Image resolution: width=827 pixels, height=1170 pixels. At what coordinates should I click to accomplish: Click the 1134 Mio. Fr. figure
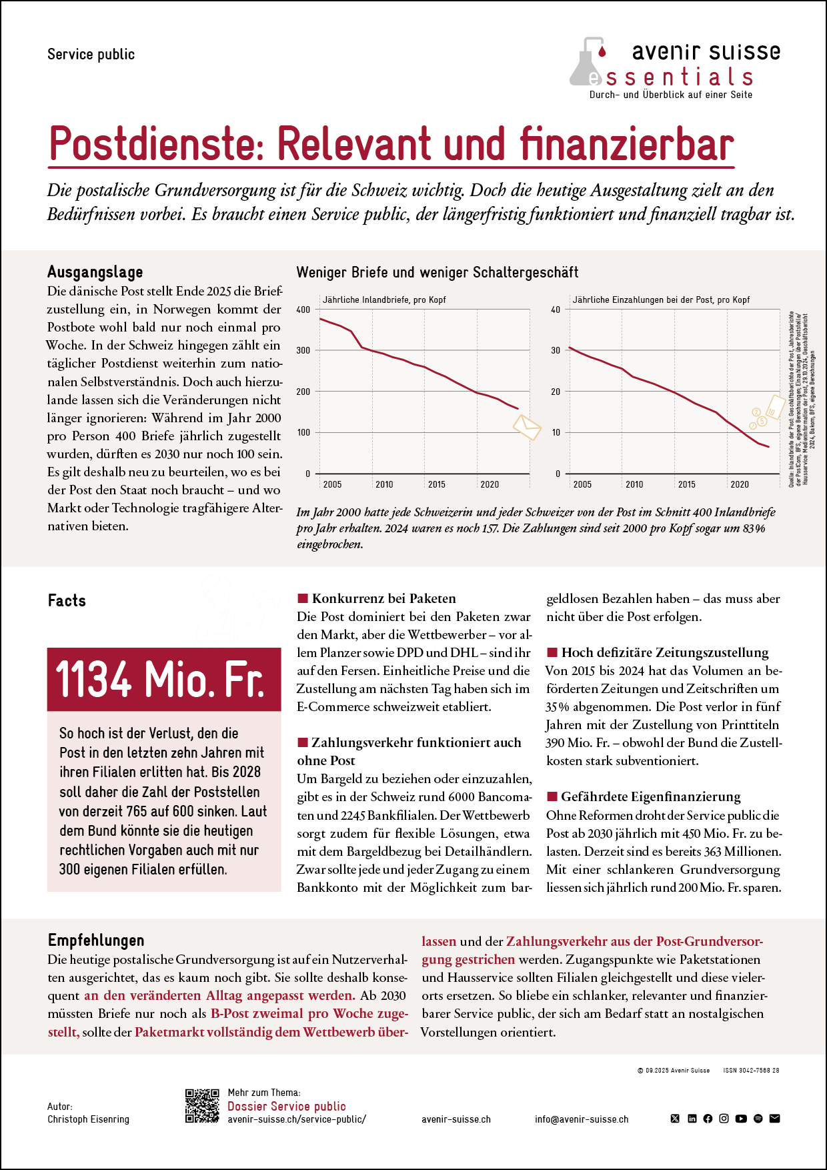[x=160, y=679]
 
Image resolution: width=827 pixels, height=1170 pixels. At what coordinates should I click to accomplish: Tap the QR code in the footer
[x=202, y=1106]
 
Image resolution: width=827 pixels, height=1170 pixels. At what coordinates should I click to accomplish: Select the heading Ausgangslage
[x=95, y=272]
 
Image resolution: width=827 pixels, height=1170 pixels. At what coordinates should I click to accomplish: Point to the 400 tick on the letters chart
[x=303, y=310]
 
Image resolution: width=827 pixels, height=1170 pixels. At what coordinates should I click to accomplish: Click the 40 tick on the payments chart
[x=556, y=310]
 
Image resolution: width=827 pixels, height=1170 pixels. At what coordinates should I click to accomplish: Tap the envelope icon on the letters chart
[x=527, y=426]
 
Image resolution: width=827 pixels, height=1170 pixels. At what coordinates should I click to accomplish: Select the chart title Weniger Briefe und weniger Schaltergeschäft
[x=437, y=272]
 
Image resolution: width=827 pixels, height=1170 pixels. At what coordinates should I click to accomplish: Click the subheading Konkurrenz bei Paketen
[x=383, y=598]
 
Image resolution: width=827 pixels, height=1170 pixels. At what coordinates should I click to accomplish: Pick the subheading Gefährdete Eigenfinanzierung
[x=650, y=796]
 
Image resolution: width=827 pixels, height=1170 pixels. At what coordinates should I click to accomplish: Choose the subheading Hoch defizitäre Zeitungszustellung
[x=664, y=652]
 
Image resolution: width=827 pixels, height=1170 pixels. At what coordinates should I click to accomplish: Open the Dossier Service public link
[x=287, y=1106]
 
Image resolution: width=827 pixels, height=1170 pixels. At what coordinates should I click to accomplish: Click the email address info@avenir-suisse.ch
[x=582, y=1119]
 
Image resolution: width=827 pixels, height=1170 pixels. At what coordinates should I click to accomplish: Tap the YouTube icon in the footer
[x=741, y=1119]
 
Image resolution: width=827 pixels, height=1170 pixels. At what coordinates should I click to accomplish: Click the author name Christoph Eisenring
[x=88, y=1119]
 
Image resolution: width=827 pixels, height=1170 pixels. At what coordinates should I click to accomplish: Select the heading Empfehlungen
[x=96, y=941]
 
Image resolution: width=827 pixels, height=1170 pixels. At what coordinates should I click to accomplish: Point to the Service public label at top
[x=91, y=54]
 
